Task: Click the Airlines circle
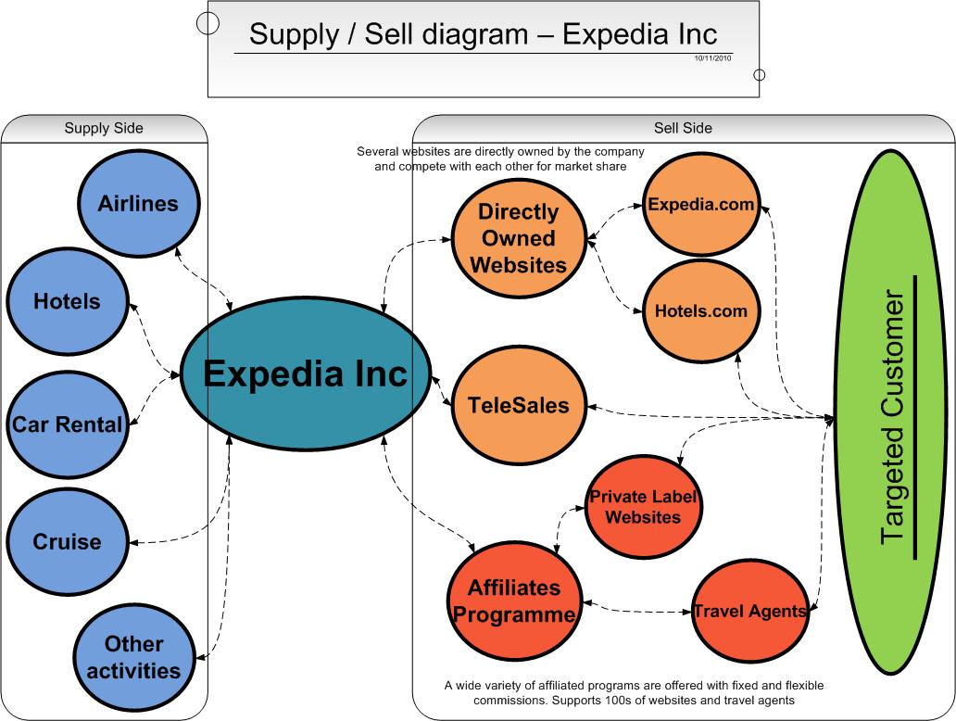[138, 204]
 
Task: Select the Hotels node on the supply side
[67, 301]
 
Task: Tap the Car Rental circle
[67, 424]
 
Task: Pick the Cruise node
[67, 541]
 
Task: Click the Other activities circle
[134, 658]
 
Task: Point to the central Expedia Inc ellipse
[306, 373]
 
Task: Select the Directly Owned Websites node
[519, 238]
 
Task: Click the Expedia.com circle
[701, 204]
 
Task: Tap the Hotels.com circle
[701, 311]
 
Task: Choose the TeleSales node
[519, 405]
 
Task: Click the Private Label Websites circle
[643, 506]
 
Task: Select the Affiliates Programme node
[514, 601]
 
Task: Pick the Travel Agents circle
[750, 612]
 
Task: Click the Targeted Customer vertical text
[893, 417]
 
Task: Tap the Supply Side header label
[104, 128]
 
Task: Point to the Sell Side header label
[683, 128]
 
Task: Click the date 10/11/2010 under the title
[712, 58]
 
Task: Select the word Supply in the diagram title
[294, 35]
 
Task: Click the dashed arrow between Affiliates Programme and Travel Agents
[637, 609]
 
